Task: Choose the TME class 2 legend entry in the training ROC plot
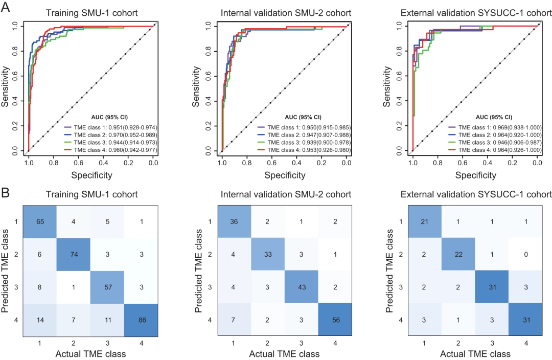pos(110,133)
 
